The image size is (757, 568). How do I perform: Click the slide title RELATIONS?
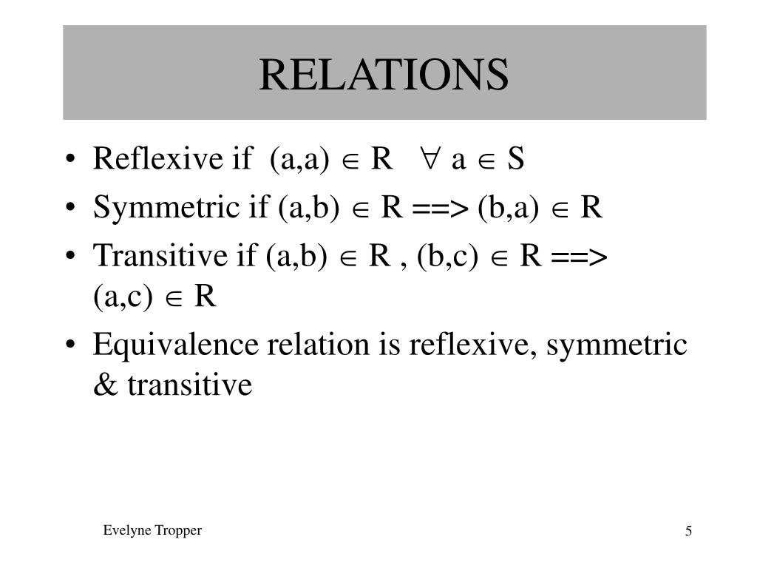(384, 75)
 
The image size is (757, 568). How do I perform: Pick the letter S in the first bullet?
(515, 159)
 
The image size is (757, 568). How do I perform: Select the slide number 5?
(688, 532)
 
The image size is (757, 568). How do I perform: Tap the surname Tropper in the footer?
(178, 531)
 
